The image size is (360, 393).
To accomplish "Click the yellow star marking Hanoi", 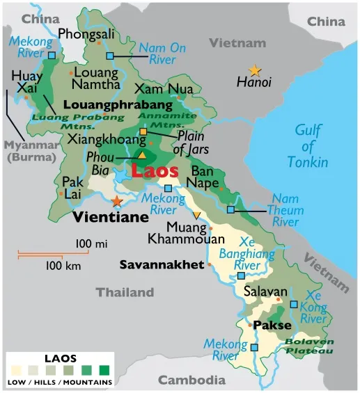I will click(x=255, y=70).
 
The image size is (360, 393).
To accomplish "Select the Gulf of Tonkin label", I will click(x=310, y=146).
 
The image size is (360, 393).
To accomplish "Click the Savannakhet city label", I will click(x=162, y=264).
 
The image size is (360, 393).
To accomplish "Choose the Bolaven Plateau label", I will click(x=308, y=346).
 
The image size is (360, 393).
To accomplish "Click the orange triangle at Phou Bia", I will click(x=142, y=156).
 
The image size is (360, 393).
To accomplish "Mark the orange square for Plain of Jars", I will click(x=143, y=131).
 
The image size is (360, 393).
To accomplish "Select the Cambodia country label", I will click(x=191, y=380).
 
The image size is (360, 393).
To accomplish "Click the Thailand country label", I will click(x=125, y=292).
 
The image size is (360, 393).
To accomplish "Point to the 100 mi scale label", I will click(x=91, y=243).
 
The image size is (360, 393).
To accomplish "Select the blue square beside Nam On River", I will click(x=109, y=56).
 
